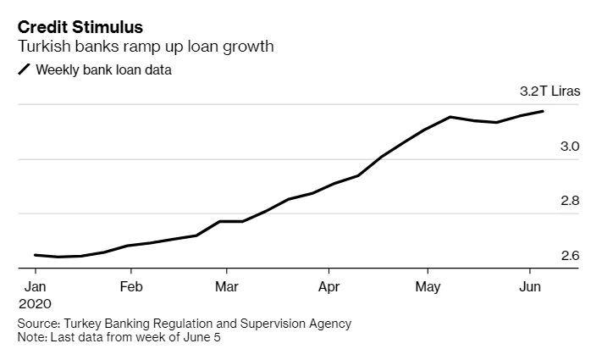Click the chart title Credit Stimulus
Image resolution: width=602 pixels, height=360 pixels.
[80, 27]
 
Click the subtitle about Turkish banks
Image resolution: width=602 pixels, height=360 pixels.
[146, 47]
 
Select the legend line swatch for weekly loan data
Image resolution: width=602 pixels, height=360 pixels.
[25, 70]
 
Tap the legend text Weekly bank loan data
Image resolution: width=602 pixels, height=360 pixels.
[103, 70]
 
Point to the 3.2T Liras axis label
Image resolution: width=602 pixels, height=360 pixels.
[550, 92]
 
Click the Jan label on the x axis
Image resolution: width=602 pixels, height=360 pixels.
[35, 285]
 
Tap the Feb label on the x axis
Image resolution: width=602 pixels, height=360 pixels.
[130, 285]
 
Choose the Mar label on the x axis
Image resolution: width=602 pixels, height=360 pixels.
[226, 285]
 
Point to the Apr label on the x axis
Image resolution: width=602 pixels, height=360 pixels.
[328, 285]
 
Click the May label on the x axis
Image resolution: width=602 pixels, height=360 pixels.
[429, 285]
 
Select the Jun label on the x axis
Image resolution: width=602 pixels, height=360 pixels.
[530, 285]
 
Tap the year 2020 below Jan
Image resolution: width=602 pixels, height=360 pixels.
[35, 303]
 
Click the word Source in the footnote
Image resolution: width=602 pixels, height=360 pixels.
[37, 324]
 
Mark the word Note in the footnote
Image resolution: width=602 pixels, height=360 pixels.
[31, 337]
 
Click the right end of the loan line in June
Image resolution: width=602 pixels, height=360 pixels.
[543, 111]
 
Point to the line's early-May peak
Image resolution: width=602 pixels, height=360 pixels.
[450, 117]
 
